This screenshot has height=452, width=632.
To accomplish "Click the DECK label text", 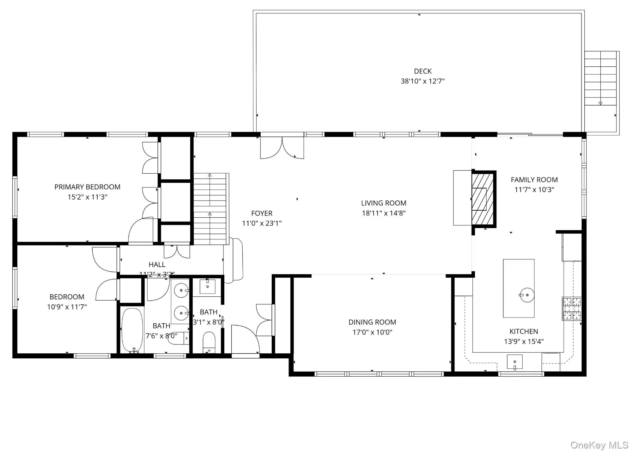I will pos(422,71).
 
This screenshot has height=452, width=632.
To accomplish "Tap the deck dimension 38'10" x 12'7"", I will pos(422,81).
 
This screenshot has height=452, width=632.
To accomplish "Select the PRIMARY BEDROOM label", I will pos(87,187).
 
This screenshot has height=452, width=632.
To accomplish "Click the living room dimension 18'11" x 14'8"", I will pos(384,213).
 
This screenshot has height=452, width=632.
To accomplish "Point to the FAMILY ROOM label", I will pos(534,180).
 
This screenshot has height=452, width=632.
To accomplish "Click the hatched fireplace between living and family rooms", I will pos(483,199).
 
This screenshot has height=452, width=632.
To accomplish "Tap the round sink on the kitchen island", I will pos(527,295).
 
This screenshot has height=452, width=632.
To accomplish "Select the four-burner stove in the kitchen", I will pos(572,308).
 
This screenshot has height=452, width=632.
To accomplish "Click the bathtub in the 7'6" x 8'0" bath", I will pos(132,330).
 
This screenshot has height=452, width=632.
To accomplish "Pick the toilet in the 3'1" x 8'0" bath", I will pos(209,341).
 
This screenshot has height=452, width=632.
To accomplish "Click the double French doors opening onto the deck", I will pos(282,147).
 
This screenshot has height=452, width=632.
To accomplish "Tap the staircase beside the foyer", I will pos(210,209).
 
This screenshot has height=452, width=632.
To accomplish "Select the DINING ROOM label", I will pos(372,322).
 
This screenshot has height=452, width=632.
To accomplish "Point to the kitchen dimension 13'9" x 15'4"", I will pos(524,342).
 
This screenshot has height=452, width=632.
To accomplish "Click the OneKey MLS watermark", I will pos(599,445).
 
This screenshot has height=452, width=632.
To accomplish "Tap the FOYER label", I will pos(262,213).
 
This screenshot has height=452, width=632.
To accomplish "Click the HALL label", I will pos(157,264).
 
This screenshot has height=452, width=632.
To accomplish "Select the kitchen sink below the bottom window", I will pos(514,362).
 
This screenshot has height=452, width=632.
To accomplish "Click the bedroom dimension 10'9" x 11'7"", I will pos(67,307).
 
